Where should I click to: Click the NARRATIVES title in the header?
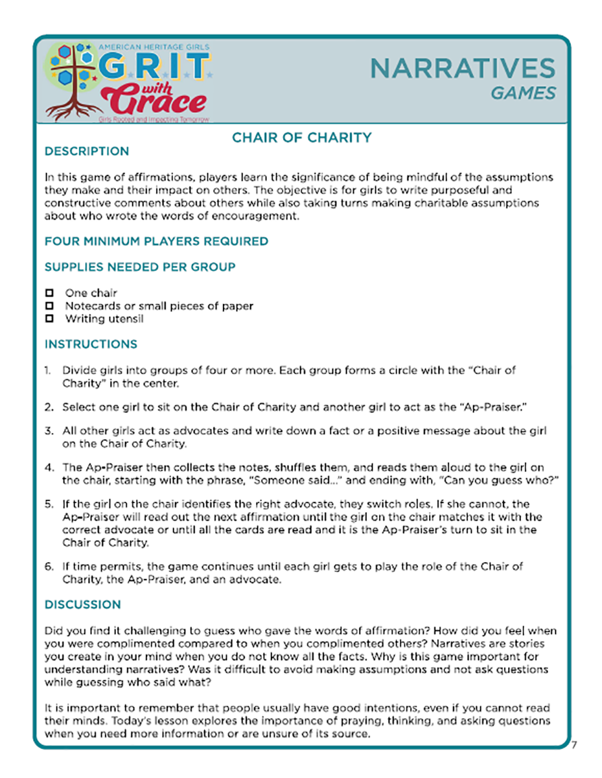point(463,68)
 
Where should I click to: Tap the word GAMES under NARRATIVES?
point(523,93)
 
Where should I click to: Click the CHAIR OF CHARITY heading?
point(301,137)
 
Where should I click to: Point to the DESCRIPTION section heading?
point(86,152)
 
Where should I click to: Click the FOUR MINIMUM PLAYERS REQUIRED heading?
point(156,241)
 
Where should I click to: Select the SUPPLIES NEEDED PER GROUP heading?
point(140,266)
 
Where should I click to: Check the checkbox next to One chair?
point(49,293)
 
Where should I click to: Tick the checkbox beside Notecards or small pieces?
point(49,306)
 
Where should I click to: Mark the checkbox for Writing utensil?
point(49,319)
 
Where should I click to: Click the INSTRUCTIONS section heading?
point(91,344)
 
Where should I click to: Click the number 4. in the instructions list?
point(49,467)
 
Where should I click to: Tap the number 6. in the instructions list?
point(49,567)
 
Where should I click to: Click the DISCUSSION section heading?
point(82,604)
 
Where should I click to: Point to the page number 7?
point(573,746)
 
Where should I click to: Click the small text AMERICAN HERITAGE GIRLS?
point(148,46)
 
